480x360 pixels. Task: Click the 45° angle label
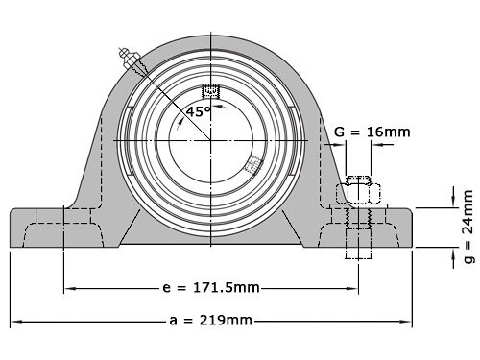pos(199,111)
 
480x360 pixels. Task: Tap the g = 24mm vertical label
pos(468,227)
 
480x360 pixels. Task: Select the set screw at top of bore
pos(211,92)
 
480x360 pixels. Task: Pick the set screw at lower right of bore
pos(253,164)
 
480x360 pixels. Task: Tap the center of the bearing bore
pos(211,141)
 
